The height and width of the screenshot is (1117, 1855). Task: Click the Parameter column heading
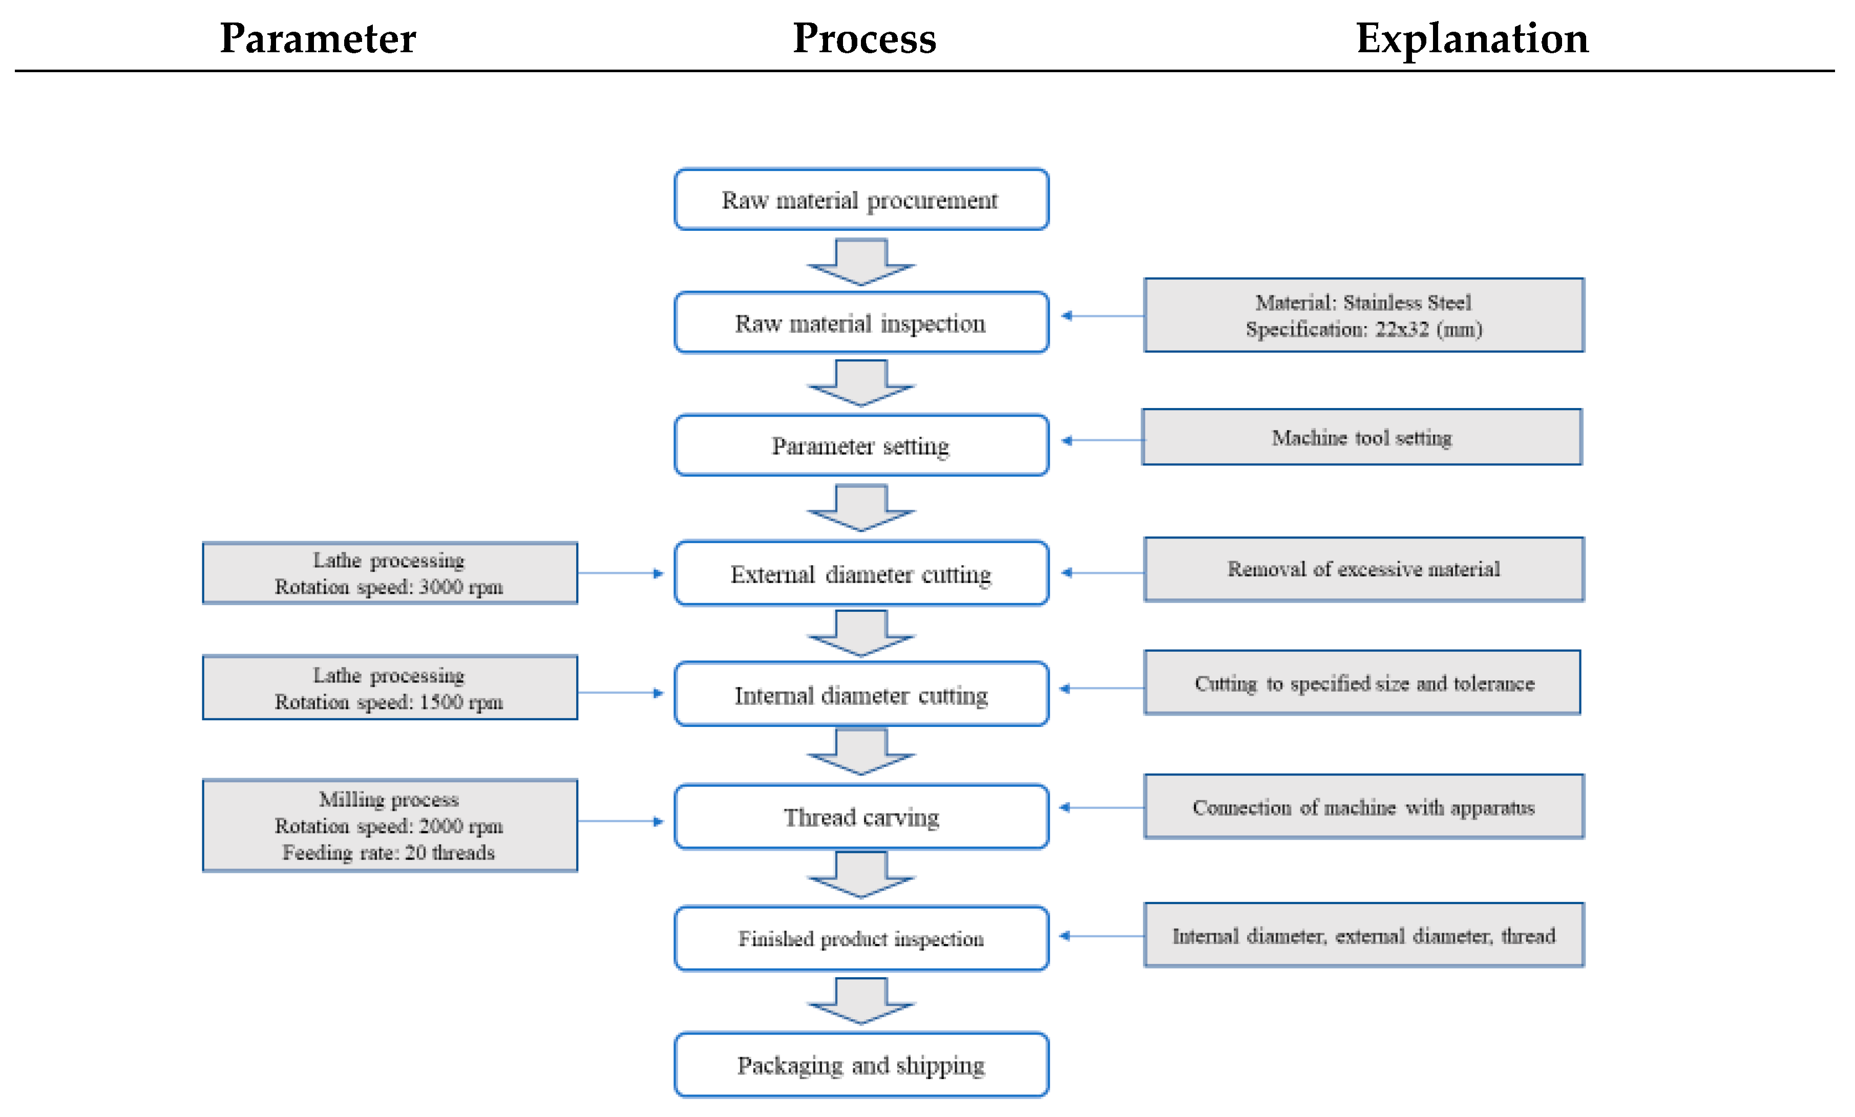pyautogui.click(x=317, y=38)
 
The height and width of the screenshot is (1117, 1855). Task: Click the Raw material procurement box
pyautogui.click(x=860, y=200)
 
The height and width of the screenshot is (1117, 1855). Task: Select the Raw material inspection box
pyautogui.click(x=860, y=323)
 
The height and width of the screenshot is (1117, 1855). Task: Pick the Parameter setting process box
pyautogui.click(x=860, y=445)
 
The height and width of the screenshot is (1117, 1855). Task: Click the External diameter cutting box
pyautogui.click(x=860, y=573)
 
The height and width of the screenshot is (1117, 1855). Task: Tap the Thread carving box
pyautogui.click(x=860, y=817)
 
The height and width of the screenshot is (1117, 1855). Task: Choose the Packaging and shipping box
pyautogui.click(x=860, y=1065)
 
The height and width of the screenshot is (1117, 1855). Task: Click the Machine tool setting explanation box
pyautogui.click(x=1361, y=437)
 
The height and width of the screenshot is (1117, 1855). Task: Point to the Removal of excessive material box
pyautogui.click(x=1363, y=569)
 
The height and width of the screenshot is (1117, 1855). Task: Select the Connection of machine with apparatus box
pyautogui.click(x=1363, y=807)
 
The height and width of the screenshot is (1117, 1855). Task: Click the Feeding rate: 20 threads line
pyautogui.click(x=389, y=853)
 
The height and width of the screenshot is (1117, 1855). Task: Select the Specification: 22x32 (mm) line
pyautogui.click(x=1363, y=330)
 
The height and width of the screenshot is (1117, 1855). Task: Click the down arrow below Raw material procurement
pyautogui.click(x=860, y=262)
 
